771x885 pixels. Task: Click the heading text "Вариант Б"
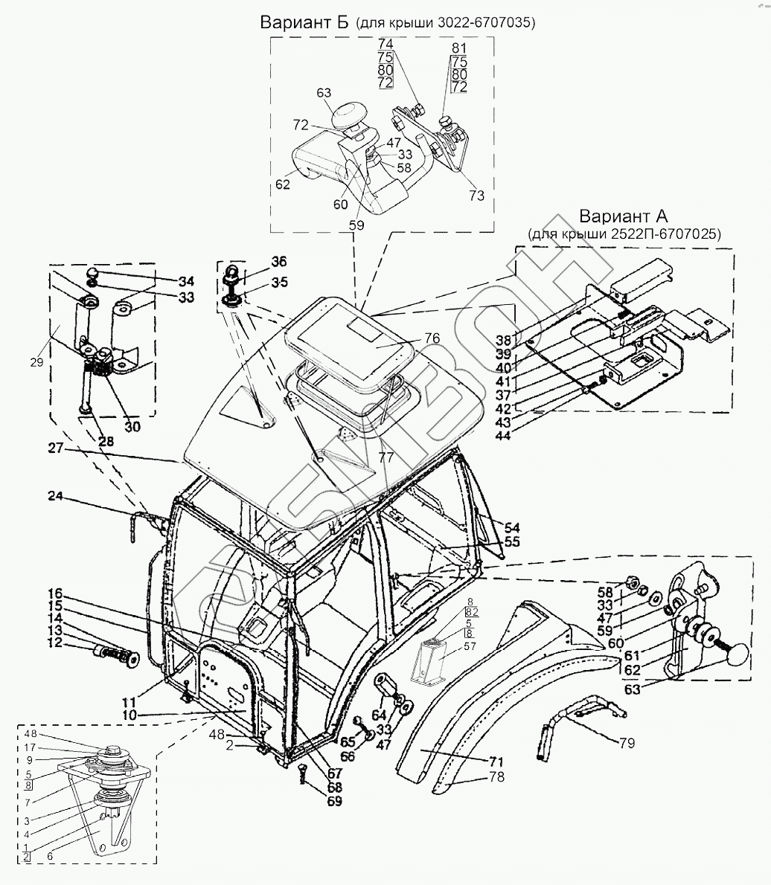click(304, 22)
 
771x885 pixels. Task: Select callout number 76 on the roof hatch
click(432, 339)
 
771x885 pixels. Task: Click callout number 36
click(278, 262)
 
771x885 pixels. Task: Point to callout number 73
click(477, 196)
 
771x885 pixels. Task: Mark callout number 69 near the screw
click(334, 802)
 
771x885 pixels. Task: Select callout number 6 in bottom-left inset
click(49, 857)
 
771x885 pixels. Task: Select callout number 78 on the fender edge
click(496, 777)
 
